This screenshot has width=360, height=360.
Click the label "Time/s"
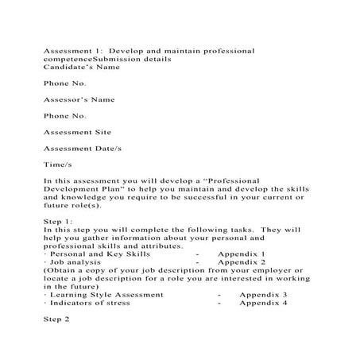(x=58, y=165)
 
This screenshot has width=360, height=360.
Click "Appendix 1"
(x=241, y=254)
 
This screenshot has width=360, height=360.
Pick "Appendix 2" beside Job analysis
(x=241, y=261)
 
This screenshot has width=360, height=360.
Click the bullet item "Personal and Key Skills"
(x=88, y=254)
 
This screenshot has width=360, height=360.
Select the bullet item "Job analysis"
(x=73, y=261)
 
